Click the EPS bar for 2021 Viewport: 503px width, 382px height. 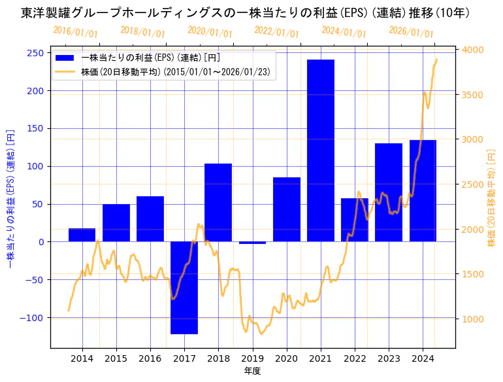[321, 150]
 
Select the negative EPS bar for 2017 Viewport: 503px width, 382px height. [184, 288]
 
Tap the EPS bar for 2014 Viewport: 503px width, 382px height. [82, 235]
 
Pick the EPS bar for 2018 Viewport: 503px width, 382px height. [218, 203]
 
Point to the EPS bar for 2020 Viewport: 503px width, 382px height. [287, 209]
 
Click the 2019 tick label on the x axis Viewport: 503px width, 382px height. [252, 358]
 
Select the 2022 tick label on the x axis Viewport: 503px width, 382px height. [355, 358]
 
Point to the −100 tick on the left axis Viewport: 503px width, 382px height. [34, 318]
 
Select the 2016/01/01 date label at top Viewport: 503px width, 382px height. [76, 31]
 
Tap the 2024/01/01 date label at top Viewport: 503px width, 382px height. [344, 32]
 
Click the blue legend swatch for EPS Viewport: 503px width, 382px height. [65, 58]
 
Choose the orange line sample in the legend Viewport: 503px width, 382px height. [65, 71]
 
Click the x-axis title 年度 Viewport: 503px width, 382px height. [252, 372]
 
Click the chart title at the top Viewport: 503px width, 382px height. [246, 12]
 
